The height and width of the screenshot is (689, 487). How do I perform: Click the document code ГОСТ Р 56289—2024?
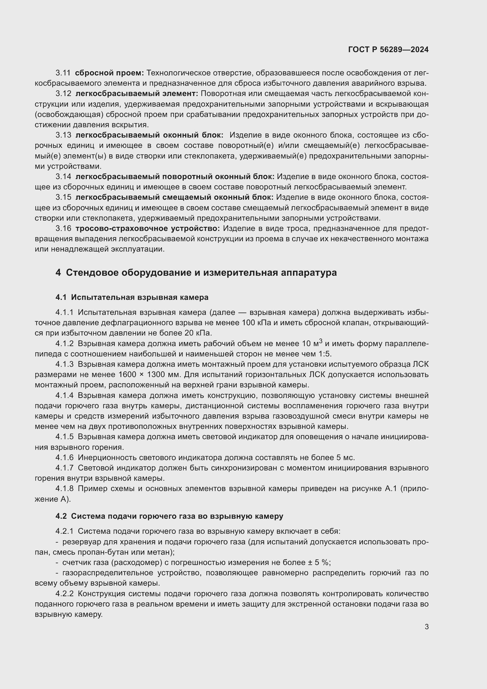tap(388, 49)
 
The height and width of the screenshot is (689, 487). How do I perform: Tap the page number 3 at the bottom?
tap(426, 627)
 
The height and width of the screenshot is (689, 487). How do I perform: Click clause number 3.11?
tap(63, 73)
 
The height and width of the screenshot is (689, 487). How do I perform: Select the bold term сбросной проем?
tap(110, 73)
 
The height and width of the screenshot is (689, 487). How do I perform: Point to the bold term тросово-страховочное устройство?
tap(148, 229)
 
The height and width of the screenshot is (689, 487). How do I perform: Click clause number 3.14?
tap(63, 177)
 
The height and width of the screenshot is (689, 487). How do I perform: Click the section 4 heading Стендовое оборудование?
tap(196, 272)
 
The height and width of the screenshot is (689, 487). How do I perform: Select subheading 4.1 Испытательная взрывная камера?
tap(132, 298)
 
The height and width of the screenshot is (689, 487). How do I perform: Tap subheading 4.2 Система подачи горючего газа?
tap(169, 516)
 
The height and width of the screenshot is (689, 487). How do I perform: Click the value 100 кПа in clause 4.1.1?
tap(256, 323)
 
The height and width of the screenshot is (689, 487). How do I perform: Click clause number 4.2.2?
tap(64, 594)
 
